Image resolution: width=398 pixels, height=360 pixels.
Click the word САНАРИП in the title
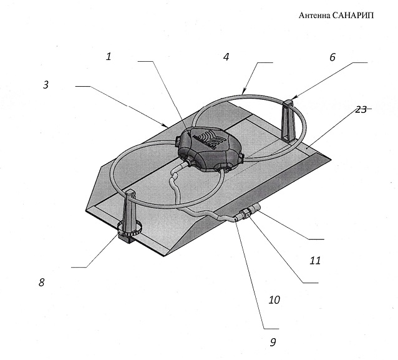pyautogui.click(x=353, y=16)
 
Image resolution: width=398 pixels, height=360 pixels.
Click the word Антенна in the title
pyautogui.click(x=314, y=16)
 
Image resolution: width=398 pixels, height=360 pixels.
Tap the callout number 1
pyautogui.click(x=109, y=56)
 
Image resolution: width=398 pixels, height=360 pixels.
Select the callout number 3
pyautogui.click(x=46, y=85)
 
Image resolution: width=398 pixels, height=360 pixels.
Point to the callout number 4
pyautogui.click(x=226, y=57)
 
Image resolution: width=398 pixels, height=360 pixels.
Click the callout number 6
pyautogui.click(x=332, y=57)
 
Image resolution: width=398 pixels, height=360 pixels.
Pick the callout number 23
pyautogui.click(x=361, y=109)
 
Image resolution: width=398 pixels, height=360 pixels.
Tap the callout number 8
pyautogui.click(x=42, y=282)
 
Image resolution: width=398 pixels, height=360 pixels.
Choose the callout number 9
pyautogui.click(x=273, y=343)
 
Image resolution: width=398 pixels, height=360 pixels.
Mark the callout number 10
pyautogui.click(x=274, y=300)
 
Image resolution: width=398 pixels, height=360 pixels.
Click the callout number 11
pyautogui.click(x=315, y=260)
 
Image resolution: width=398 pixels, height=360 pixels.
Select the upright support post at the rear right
pyautogui.click(x=288, y=120)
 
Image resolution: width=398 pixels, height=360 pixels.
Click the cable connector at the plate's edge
pyautogui.click(x=246, y=212)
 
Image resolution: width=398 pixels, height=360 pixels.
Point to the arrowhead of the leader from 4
pyautogui.click(x=244, y=92)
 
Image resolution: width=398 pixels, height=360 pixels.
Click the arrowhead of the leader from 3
pyautogui.click(x=165, y=125)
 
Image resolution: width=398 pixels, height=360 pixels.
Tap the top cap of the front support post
pyautogui.click(x=130, y=192)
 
